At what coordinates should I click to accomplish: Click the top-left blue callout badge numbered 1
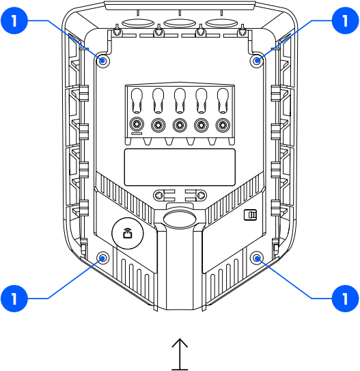(x=15, y=22)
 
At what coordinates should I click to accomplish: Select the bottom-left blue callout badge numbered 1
(x=15, y=298)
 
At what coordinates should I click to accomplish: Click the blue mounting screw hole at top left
(x=103, y=61)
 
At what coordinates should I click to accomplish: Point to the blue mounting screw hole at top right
(x=258, y=61)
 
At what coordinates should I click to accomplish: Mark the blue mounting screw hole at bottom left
(x=103, y=258)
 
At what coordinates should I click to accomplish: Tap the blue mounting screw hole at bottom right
(x=258, y=258)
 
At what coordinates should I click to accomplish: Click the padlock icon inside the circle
(x=127, y=234)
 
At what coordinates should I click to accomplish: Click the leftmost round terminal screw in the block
(x=137, y=125)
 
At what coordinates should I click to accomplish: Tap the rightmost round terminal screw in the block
(x=223, y=125)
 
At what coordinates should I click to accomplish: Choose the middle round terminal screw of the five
(x=180, y=125)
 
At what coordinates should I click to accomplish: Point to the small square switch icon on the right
(x=251, y=215)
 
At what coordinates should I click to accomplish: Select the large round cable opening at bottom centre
(x=180, y=218)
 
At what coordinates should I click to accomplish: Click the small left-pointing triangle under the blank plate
(x=158, y=195)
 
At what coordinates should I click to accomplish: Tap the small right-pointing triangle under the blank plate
(x=201, y=195)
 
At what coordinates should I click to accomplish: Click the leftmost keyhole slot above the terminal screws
(x=137, y=100)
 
